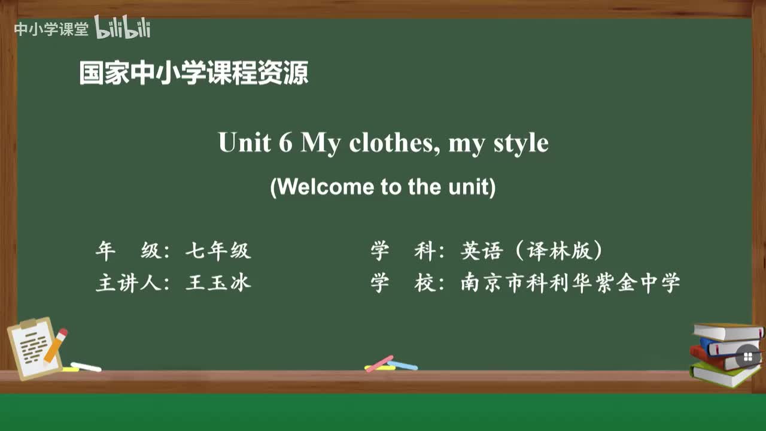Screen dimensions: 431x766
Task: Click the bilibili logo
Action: tap(123, 28)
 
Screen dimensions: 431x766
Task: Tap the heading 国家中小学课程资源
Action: tap(194, 74)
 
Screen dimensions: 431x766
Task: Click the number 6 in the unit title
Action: tap(285, 143)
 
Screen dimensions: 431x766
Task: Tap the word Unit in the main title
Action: tap(244, 143)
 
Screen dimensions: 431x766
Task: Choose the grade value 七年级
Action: tap(218, 251)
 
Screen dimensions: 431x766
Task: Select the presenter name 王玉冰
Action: tap(218, 283)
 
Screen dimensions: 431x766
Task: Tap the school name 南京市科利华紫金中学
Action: tap(570, 283)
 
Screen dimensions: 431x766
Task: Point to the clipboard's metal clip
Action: tap(28, 324)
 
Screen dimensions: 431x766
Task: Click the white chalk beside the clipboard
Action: tap(86, 366)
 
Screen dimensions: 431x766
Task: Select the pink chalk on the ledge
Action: tap(379, 363)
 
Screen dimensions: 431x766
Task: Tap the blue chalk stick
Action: tap(402, 365)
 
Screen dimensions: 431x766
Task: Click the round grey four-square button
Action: tap(747, 357)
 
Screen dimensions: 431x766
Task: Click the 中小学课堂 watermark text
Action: tap(51, 29)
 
